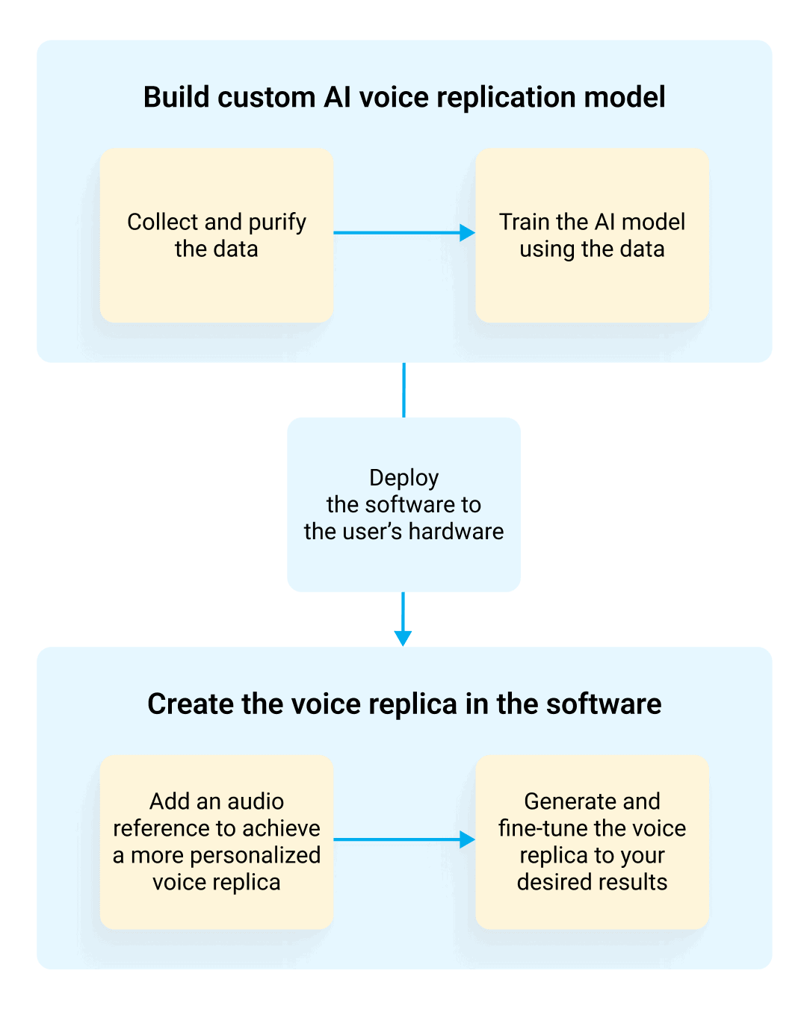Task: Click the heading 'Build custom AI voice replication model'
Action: [403, 98]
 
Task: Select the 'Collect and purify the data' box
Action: [216, 235]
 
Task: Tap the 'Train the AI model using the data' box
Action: [592, 235]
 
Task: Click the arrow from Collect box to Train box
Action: [396, 232]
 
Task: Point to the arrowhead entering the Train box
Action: [468, 232]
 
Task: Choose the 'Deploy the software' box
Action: [403, 505]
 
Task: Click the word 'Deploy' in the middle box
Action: [403, 478]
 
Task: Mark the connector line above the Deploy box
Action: [403, 390]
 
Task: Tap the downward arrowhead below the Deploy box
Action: [403, 638]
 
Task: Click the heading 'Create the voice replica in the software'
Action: [403, 704]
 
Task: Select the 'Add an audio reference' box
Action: [216, 842]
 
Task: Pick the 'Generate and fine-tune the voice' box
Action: [592, 842]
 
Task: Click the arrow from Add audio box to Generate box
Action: [396, 839]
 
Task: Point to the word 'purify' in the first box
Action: [277, 223]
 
